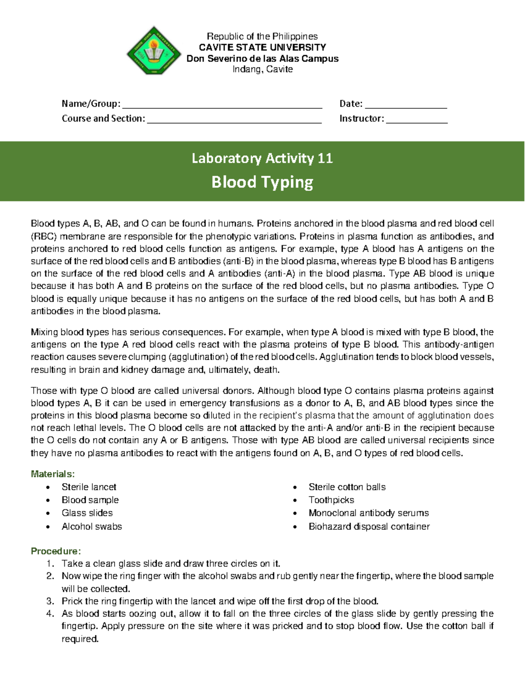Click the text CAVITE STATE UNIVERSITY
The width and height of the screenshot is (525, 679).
[262, 47]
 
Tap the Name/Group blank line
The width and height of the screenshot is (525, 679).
[222, 106]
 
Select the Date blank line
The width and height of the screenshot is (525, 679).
[406, 106]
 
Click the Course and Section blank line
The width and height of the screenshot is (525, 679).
[234, 122]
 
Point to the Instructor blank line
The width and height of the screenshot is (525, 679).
[416, 122]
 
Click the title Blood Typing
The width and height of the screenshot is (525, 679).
[262, 182]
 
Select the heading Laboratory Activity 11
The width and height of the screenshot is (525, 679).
[262, 158]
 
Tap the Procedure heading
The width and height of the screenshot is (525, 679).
[56, 551]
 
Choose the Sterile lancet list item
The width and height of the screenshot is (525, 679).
[89, 487]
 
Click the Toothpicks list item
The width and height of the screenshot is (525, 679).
[331, 500]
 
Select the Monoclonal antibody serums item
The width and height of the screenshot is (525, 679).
[368, 513]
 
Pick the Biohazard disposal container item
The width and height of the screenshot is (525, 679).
[369, 526]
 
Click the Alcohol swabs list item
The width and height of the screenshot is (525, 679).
[91, 526]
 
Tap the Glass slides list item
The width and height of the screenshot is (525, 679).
[87, 513]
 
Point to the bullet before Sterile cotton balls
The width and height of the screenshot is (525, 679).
[295, 487]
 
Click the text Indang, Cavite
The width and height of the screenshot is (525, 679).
[262, 69]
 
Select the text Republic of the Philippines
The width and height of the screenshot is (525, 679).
[262, 36]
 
